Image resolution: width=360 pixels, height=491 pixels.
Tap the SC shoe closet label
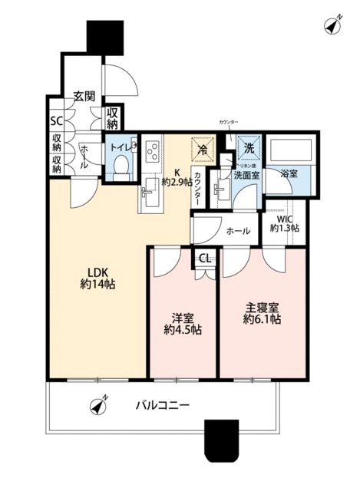click(x=56, y=121)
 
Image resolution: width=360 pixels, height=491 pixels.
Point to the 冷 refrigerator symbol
click(x=203, y=147)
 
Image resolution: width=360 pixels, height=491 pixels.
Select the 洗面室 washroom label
click(x=246, y=176)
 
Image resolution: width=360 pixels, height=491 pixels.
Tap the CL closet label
click(x=205, y=259)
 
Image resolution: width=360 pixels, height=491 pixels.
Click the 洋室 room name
click(x=182, y=316)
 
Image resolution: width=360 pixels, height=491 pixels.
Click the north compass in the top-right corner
click(x=332, y=25)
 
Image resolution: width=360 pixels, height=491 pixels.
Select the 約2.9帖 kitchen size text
click(x=177, y=183)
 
